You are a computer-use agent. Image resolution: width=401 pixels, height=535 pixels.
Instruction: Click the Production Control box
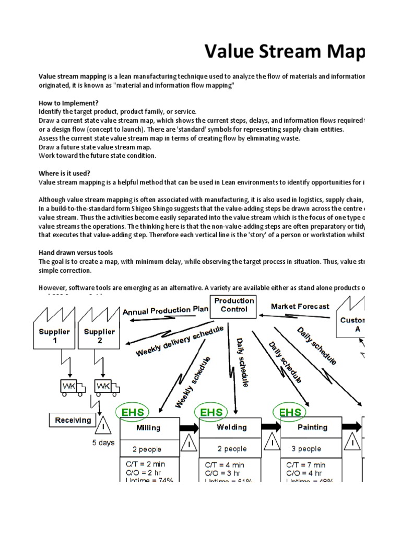(234, 305)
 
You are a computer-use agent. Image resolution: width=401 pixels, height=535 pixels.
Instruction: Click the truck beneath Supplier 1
(69, 386)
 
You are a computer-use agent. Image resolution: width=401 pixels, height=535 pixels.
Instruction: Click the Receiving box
(73, 420)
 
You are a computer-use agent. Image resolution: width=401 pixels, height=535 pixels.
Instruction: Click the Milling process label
(148, 428)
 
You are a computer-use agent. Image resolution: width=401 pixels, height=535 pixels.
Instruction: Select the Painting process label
(312, 427)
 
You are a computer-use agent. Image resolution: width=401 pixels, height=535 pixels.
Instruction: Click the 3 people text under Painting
(306, 449)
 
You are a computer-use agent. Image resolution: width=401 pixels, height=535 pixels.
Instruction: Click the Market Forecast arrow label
(300, 306)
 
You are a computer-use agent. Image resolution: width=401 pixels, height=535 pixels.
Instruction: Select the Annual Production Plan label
(165, 310)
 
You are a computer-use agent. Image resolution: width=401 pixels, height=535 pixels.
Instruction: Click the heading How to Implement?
(69, 103)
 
